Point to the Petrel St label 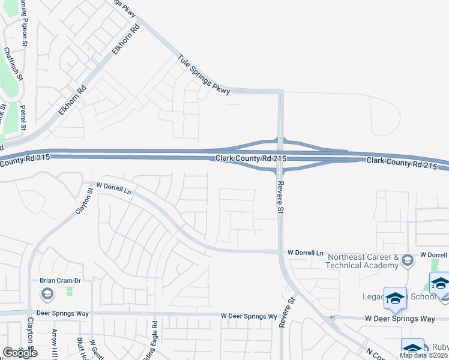click(23, 118)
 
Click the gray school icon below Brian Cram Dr click(47, 294)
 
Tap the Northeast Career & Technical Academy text click(363, 260)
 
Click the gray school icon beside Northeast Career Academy click(408, 260)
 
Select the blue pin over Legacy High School click(396, 298)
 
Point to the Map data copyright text click(423, 355)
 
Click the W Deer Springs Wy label click(249, 316)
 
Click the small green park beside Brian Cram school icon click(70, 292)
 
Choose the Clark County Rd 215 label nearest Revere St click(251, 158)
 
